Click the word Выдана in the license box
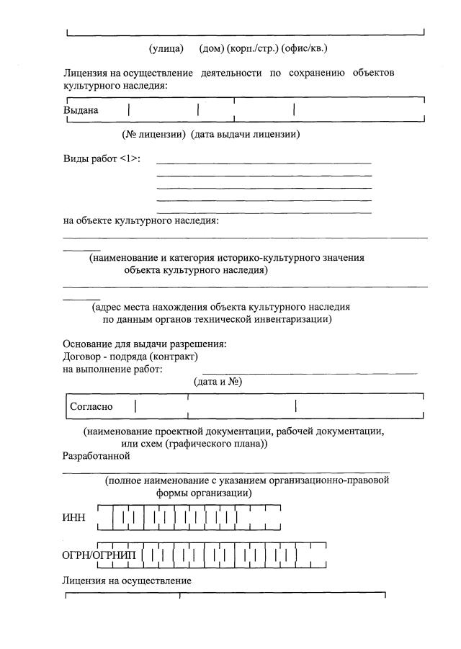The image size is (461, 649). click(81, 111)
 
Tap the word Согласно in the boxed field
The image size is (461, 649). click(91, 407)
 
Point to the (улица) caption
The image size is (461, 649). click(166, 49)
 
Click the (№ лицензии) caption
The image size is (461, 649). click(155, 135)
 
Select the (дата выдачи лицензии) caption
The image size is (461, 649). click(245, 135)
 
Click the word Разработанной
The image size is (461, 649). click(96, 456)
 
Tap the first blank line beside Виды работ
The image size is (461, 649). click(264, 164)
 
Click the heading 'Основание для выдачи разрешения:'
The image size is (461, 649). click(145, 344)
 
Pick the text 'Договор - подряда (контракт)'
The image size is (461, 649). click(130, 357)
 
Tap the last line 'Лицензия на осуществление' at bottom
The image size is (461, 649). click(127, 580)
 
